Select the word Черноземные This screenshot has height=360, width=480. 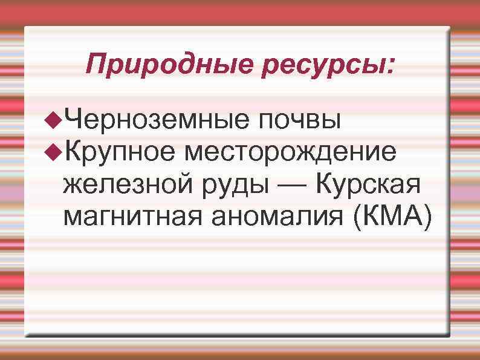(155, 118)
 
